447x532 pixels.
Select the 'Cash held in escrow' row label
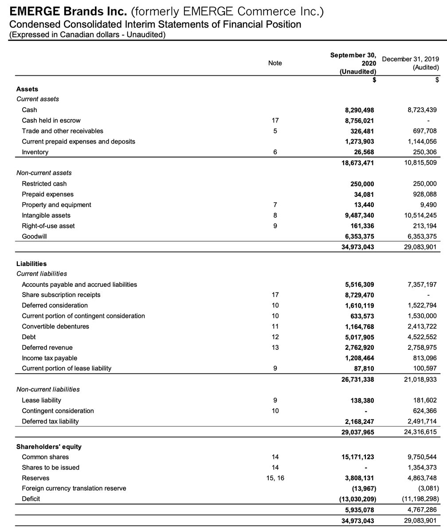pyautogui.click(x=51, y=121)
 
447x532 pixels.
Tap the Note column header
pyautogui.click(x=275, y=63)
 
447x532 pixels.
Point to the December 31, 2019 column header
pyautogui.click(x=410, y=63)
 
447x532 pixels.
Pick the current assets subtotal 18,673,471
pyautogui.click(x=357, y=163)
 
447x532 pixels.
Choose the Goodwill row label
pyautogui.click(x=34, y=236)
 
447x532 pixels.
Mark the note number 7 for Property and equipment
pyautogui.click(x=275, y=205)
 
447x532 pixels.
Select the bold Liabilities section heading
pyautogui.click(x=31, y=264)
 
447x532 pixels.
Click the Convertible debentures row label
pyautogui.click(x=55, y=326)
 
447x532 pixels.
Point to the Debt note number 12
pyautogui.click(x=275, y=337)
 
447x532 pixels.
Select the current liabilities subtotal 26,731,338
pyautogui.click(x=357, y=379)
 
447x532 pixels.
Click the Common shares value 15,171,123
pyautogui.click(x=357, y=457)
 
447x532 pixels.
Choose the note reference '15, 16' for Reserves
pyautogui.click(x=275, y=478)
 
